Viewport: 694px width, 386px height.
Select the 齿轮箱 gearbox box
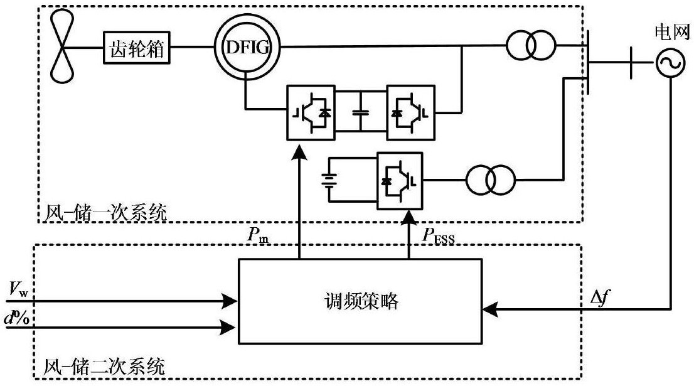pos(137,47)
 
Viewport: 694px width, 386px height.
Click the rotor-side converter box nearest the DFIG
pos(311,112)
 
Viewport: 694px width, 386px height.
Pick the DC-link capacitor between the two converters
pos(361,112)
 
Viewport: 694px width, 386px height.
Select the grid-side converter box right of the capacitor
pos(411,112)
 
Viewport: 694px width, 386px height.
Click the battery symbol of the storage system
pos(329,180)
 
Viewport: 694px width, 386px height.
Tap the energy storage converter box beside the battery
pos(400,181)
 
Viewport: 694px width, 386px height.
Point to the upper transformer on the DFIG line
pos(531,45)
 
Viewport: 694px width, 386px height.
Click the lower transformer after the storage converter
pos(490,180)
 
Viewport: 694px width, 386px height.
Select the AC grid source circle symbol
pos(671,62)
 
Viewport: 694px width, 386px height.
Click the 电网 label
pos(672,32)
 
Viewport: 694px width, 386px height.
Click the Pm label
pos(258,235)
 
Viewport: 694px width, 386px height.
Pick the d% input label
pos(17,318)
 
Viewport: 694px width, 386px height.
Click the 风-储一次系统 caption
pos(105,213)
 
